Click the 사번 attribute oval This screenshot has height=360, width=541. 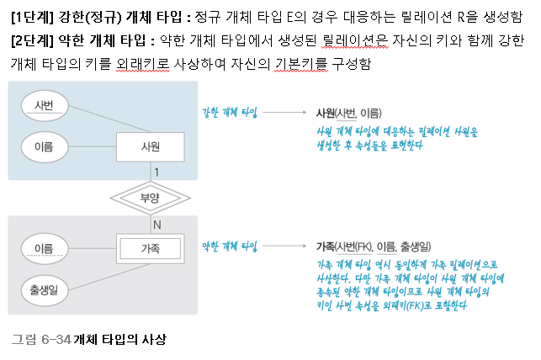coord(44,104)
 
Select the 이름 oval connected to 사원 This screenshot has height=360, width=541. coord(44,146)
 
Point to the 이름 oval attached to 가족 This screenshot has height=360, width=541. coord(44,248)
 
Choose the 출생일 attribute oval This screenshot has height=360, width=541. coord(44,289)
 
